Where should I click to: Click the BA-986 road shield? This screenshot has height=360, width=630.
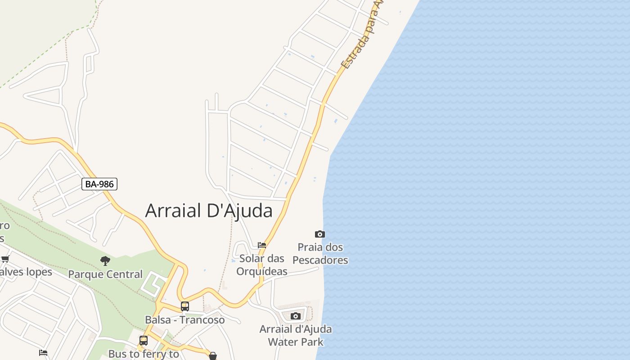pos(99,184)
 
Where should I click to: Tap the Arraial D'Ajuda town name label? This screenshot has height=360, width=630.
pos(209,211)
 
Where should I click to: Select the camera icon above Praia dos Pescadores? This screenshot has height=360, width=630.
pos(319,234)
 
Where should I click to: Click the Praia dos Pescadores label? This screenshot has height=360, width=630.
pos(320,253)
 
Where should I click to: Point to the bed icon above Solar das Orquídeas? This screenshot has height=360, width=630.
pos(262,245)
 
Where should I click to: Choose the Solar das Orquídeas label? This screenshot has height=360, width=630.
pos(262,265)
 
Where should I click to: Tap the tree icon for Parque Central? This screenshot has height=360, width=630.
pos(105,261)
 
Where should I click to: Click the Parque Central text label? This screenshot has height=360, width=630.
pos(105,274)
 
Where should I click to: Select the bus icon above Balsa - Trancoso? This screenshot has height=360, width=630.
pos(185,306)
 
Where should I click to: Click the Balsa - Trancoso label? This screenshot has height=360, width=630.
pos(185,320)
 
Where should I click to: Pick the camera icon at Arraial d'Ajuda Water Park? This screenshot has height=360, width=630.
pos(295,316)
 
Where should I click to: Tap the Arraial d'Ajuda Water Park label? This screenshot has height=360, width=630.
pos(296,335)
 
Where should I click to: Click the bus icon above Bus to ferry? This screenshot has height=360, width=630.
pos(144,341)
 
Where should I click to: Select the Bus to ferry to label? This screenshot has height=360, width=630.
pos(144,354)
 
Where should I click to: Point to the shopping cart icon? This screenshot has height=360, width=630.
pos(5,259)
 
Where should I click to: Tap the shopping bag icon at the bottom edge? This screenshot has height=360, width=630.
pos(213,356)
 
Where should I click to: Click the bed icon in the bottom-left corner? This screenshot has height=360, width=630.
pos(43,353)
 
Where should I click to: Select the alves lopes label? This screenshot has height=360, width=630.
pos(26,272)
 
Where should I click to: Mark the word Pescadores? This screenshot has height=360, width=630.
pos(320,260)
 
